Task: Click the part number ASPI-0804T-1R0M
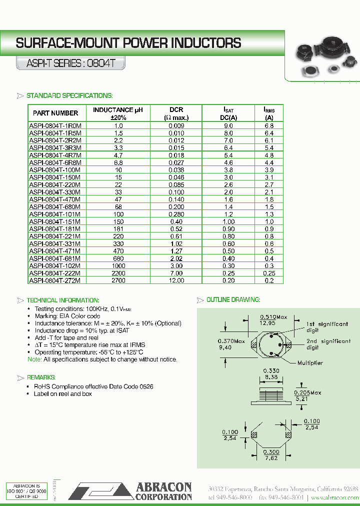tap(55, 126)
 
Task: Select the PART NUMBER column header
tap(55, 113)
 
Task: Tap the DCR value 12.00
tap(176, 280)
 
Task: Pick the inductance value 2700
tap(118, 280)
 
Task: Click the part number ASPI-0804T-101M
tap(55, 214)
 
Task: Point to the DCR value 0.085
tap(176, 184)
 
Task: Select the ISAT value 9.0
tap(228, 126)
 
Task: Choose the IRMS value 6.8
tap(269, 126)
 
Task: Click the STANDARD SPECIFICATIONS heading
tap(69, 95)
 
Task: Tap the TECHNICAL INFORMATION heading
tap(62, 300)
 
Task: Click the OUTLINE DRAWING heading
tap(233, 299)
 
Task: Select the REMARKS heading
tap(41, 377)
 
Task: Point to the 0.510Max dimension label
tap(273, 317)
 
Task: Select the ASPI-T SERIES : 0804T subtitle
tap(69, 64)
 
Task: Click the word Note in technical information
tap(34, 359)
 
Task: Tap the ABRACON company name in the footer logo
tap(163, 487)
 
